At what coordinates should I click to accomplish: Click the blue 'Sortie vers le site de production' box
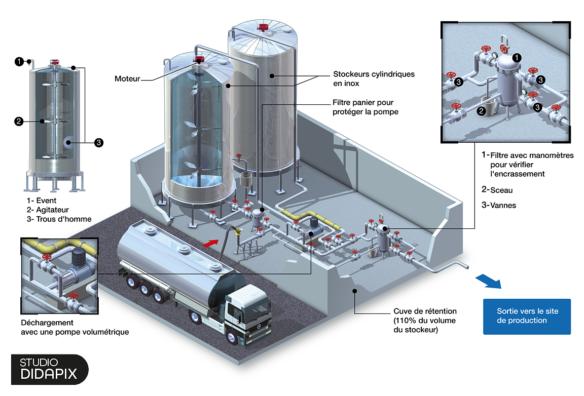tap(527, 316)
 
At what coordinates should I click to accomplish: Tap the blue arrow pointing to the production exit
tap(488, 282)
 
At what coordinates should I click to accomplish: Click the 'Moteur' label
tap(127, 78)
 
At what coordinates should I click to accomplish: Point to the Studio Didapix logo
tap(49, 369)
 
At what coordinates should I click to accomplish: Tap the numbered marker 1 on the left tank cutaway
tap(19, 62)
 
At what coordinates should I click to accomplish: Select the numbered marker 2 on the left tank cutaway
tap(19, 121)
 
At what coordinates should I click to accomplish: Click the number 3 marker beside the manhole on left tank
tap(99, 143)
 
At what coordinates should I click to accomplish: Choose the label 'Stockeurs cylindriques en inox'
tap(374, 78)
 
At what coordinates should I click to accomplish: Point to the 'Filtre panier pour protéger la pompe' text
tap(365, 107)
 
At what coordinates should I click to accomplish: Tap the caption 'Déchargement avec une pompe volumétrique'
tap(75, 327)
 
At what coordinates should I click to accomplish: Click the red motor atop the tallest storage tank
tap(263, 27)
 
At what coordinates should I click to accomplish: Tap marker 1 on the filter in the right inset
tap(516, 58)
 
